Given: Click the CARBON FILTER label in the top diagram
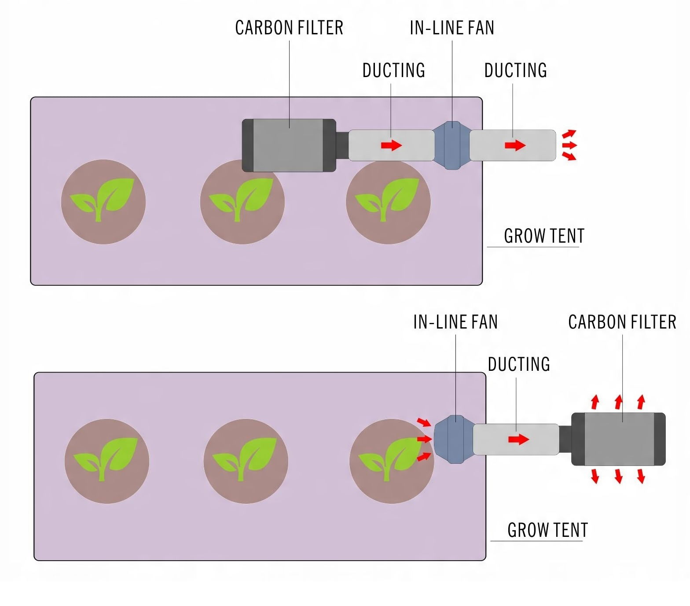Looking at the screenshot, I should (x=289, y=28).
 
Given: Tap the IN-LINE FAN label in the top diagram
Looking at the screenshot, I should (x=452, y=28).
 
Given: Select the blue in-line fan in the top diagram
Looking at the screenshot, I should (x=452, y=145).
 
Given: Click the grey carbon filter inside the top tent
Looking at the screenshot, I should (x=289, y=145).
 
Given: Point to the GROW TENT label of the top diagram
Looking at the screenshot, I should (x=544, y=236).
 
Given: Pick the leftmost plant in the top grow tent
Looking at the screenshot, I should (x=103, y=202).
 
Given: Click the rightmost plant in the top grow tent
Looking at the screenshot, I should (x=388, y=202).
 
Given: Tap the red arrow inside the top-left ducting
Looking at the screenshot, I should (x=391, y=145).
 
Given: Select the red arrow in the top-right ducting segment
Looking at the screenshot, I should (x=515, y=145).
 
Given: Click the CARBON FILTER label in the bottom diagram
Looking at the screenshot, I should (x=622, y=322).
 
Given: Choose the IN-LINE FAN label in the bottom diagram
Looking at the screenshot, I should (x=455, y=322).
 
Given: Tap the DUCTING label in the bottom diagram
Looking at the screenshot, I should (x=519, y=364).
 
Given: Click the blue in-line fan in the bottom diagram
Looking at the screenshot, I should (x=455, y=439).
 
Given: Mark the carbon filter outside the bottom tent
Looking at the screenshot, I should (x=618, y=439).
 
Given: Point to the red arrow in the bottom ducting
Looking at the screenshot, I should (x=518, y=439).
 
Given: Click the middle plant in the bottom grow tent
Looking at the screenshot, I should (x=246, y=461).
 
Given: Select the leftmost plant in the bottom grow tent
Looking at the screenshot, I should (x=107, y=461).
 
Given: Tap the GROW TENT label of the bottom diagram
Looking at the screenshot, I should (x=547, y=530).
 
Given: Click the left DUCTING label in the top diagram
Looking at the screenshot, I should (x=394, y=70).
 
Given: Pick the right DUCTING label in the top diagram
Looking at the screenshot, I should (x=516, y=70).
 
